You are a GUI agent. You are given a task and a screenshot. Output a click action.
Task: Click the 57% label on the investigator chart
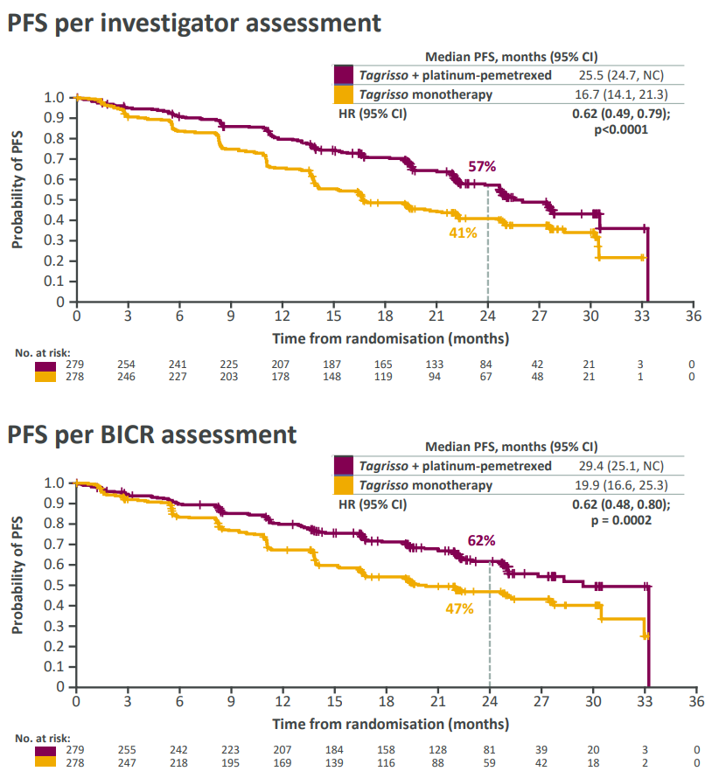click(x=483, y=166)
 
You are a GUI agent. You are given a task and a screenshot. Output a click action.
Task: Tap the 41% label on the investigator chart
click(x=464, y=233)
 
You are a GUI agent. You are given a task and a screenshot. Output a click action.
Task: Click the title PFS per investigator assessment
click(x=194, y=23)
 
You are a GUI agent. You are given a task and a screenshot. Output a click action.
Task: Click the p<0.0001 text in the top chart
click(x=621, y=129)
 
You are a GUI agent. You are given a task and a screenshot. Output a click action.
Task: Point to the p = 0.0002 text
click(x=621, y=520)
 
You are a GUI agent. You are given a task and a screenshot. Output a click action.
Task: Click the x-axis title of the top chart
click(x=390, y=337)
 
